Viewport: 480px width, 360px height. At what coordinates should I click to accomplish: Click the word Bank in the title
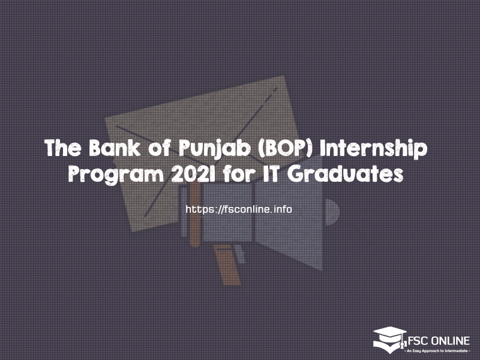point(115,148)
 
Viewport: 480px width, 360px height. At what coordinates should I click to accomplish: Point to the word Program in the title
point(116,175)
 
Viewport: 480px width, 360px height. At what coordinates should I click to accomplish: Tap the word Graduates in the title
point(346,173)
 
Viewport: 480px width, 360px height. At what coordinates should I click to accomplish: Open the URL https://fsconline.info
point(239,209)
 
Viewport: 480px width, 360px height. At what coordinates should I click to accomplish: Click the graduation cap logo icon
point(390,340)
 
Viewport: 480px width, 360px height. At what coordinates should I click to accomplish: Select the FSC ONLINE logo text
point(439,341)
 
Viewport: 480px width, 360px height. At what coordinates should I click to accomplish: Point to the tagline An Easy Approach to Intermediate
point(439,350)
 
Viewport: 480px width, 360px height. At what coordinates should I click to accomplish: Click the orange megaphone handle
point(227,265)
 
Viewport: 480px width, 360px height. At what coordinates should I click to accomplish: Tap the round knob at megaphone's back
point(332,212)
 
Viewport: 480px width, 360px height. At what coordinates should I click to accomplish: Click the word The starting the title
point(63,148)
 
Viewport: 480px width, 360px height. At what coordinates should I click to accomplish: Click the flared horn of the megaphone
point(289,214)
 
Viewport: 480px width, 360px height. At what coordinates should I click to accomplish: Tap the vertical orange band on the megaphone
point(195,214)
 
